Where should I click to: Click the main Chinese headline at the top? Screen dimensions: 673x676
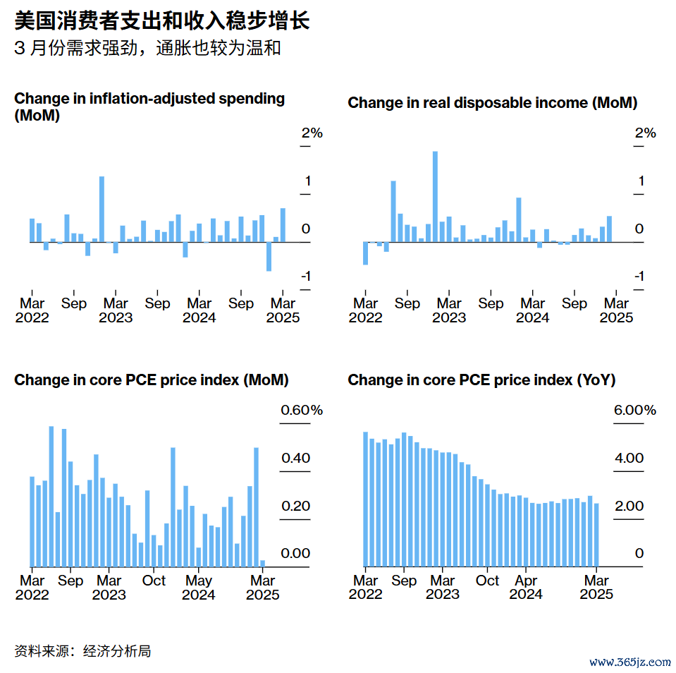(x=162, y=21)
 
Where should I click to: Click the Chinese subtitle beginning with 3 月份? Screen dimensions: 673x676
(x=147, y=49)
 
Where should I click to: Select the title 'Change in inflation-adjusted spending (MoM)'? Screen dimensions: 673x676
(x=149, y=107)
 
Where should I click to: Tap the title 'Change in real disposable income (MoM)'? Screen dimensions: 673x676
(x=492, y=103)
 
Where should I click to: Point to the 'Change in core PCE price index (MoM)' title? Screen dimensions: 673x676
(x=152, y=380)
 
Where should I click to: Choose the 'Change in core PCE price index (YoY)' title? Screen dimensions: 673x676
(x=481, y=380)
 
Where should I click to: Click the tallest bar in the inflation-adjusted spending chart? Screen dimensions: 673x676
(x=102, y=209)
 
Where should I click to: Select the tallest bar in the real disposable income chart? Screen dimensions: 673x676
(x=435, y=196)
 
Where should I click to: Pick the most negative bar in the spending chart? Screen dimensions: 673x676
(x=269, y=257)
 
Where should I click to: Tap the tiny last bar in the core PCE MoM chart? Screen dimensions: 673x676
(x=263, y=563)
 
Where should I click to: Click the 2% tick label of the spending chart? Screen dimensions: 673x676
(x=312, y=133)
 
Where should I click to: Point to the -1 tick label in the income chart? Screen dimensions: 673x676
(x=639, y=276)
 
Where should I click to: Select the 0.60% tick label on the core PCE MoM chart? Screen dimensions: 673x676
(x=302, y=411)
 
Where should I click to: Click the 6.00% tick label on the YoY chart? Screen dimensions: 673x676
(x=635, y=411)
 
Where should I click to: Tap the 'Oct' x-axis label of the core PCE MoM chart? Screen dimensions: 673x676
(x=154, y=581)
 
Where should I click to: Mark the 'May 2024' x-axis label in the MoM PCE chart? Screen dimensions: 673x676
(x=199, y=587)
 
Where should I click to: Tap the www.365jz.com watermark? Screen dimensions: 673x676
(x=629, y=662)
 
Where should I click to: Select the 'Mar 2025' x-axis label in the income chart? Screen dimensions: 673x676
(x=617, y=310)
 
